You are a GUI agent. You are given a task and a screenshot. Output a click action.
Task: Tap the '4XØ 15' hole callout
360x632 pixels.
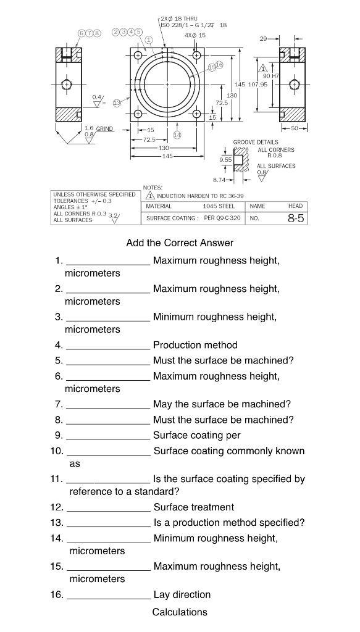(x=195, y=35)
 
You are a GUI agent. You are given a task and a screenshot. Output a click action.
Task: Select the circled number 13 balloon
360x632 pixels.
(x=117, y=103)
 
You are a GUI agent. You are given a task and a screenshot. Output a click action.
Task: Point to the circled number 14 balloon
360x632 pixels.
(x=177, y=134)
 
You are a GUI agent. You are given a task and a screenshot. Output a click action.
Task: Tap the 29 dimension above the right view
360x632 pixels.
(x=264, y=38)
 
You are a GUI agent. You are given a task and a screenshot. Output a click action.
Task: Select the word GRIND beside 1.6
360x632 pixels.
(x=105, y=128)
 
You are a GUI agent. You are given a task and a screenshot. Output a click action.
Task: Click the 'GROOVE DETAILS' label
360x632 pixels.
(x=255, y=143)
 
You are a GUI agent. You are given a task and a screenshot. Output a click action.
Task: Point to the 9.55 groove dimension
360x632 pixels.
(x=226, y=159)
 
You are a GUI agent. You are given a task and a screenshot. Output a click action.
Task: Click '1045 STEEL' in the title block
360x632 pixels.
(x=219, y=206)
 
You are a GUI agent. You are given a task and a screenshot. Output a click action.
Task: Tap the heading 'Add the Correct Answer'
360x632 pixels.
(x=180, y=243)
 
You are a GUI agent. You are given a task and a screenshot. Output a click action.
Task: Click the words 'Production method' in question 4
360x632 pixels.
(x=195, y=345)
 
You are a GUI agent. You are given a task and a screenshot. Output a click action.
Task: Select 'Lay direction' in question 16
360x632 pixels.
(x=182, y=594)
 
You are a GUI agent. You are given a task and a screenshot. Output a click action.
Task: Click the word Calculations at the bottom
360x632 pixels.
(x=180, y=612)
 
